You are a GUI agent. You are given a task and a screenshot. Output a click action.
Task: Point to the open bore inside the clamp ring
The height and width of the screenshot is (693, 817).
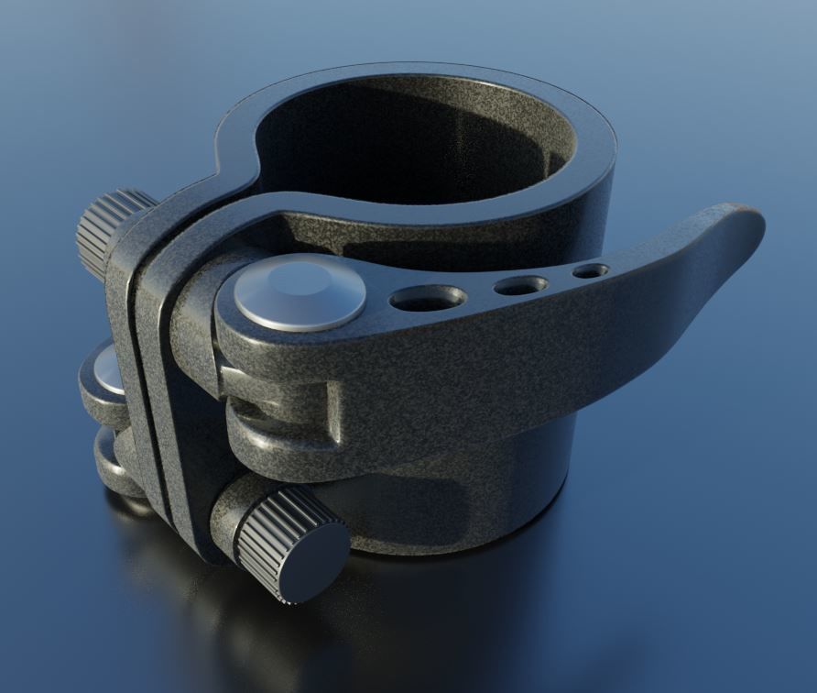[x=412, y=137]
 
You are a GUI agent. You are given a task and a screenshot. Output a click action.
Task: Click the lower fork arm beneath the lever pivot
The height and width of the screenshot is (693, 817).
[x=275, y=440]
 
